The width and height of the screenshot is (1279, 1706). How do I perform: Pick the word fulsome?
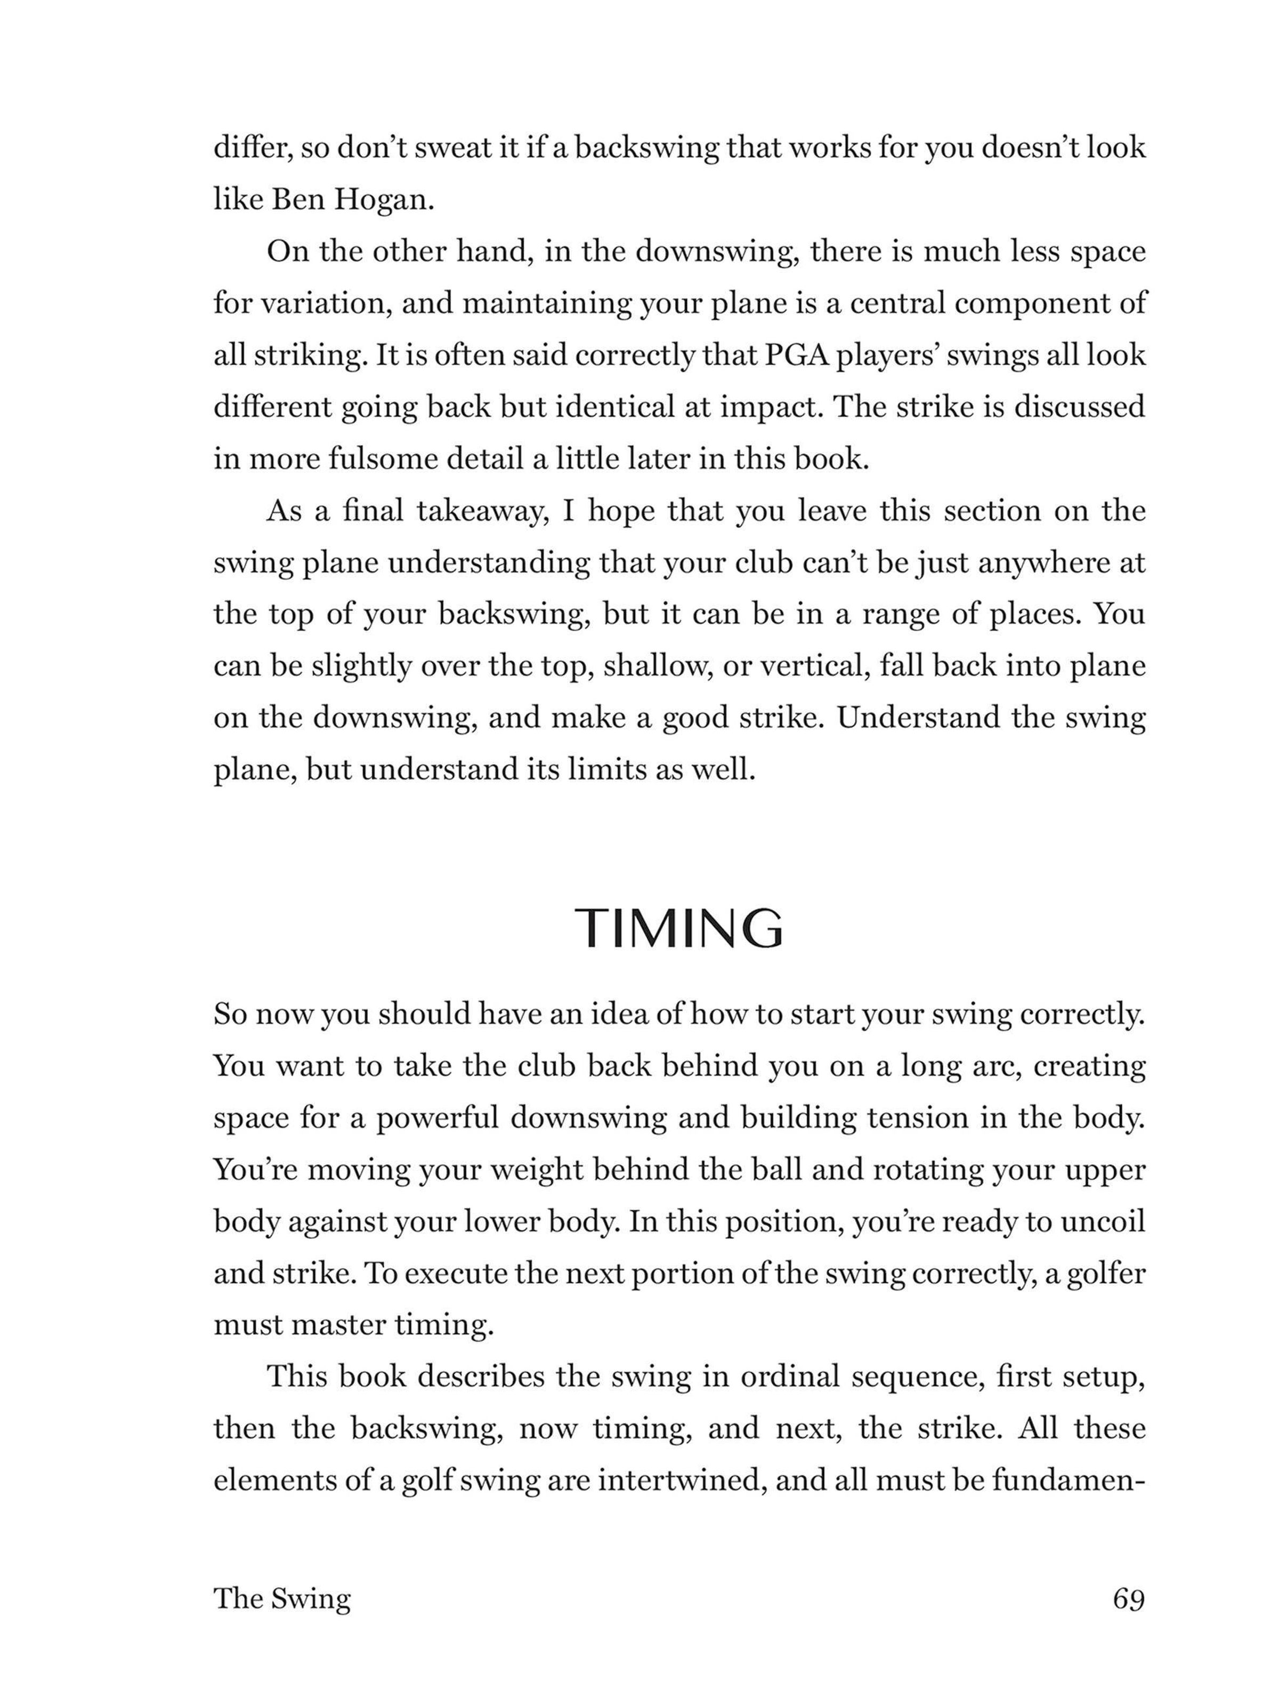point(387,459)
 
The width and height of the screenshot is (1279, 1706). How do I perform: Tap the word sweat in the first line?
point(454,148)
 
